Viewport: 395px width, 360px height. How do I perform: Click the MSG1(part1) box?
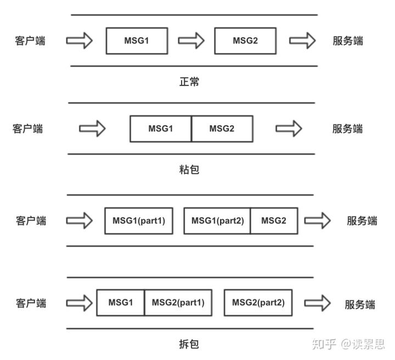pos(139,221)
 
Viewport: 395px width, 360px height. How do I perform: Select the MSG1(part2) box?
pos(217,221)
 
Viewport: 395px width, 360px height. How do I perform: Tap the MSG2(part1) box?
pos(178,302)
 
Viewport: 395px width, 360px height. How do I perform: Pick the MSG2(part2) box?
pos(258,302)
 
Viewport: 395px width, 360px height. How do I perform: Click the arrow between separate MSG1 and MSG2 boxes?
pos(191,41)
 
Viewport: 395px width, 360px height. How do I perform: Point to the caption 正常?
pos(189,82)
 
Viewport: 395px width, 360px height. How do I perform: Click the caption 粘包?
pos(189,169)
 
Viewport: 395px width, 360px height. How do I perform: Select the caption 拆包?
pos(189,344)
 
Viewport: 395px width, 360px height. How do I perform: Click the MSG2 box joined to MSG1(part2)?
pos(274,221)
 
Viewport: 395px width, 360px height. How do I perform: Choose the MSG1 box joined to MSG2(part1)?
pos(121,302)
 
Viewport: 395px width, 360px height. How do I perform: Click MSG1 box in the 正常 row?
pos(137,41)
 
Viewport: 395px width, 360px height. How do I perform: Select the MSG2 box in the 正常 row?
pos(245,41)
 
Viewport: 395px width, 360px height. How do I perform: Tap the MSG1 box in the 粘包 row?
pos(161,129)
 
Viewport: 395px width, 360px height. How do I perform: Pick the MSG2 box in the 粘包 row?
pos(222,129)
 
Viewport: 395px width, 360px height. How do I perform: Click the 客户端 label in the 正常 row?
pos(30,41)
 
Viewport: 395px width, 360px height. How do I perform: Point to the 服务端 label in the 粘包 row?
pos(347,129)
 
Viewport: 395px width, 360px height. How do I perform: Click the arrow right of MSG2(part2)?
pos(318,303)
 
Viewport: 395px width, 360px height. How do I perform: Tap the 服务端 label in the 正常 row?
pos(347,41)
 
